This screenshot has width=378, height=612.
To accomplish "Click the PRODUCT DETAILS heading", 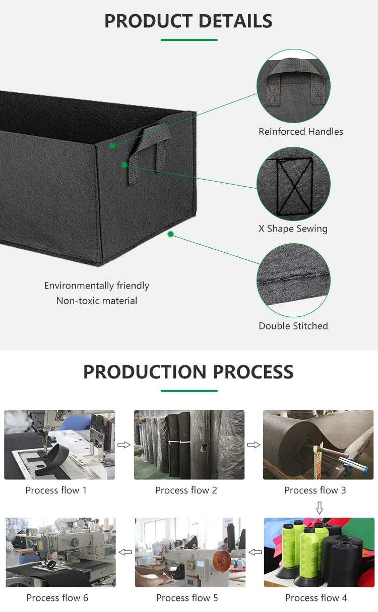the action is tap(188, 21).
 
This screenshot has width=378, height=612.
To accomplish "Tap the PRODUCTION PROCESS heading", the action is tap(188, 372).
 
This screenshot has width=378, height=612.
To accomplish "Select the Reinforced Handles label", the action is tap(301, 132).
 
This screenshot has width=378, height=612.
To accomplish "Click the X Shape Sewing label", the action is tap(293, 229).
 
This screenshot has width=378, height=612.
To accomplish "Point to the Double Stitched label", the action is tap(293, 326).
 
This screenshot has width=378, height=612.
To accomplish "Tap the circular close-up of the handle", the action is tap(293, 86).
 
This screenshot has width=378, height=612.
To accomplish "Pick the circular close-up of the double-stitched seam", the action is tap(293, 281).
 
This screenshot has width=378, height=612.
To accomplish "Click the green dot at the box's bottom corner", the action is tap(171, 234).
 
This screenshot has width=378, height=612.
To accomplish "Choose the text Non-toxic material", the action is tap(97, 301).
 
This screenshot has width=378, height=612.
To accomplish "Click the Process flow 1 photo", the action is tap(59, 444).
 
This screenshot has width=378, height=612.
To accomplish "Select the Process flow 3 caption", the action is tap(315, 490).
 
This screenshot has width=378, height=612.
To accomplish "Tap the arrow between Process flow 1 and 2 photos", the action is tap(124, 445).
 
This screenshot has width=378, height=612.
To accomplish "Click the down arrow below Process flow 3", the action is tap(319, 508).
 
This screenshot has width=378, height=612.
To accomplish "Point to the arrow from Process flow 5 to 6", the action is tap(125, 552).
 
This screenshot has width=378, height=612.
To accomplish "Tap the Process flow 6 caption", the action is tap(57, 598).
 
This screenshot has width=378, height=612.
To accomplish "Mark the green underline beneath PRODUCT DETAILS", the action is tap(189, 40).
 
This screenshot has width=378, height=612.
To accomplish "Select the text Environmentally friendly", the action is tap(97, 286).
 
